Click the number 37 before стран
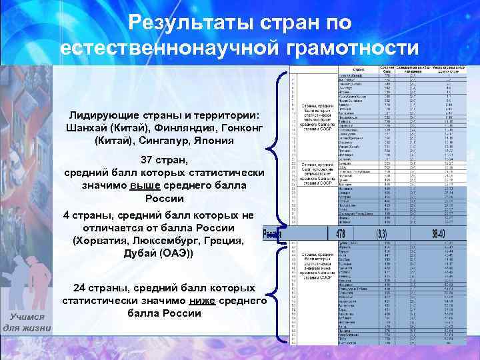[x=147, y=160]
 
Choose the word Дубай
[x=141, y=253]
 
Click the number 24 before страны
[x=80, y=288]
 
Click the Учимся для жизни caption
[x=27, y=323]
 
